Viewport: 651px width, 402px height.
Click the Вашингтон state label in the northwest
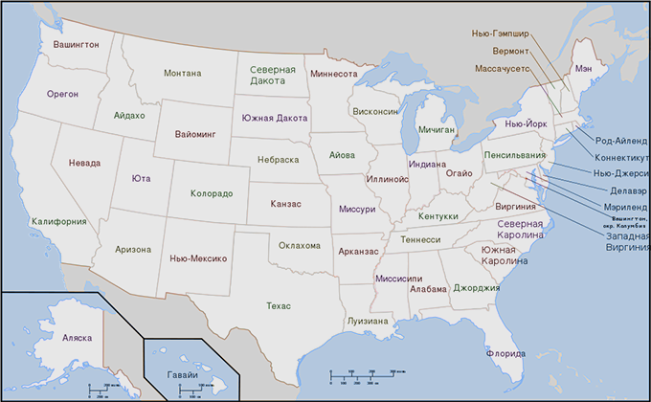77,45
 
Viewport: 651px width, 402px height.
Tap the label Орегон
62,94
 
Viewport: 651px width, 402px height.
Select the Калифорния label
59,221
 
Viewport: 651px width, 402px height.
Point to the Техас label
279,305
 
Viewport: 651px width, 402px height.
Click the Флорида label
505,353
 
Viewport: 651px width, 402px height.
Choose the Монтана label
182,73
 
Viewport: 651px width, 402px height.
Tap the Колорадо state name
212,193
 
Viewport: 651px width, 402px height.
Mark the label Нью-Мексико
197,258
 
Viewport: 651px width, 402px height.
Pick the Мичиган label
436,128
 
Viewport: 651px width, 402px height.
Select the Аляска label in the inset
77,339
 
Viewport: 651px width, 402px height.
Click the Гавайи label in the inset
182,374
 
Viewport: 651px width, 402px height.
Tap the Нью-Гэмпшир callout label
500,33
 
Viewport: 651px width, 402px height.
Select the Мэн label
583,69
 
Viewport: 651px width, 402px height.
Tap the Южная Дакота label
275,118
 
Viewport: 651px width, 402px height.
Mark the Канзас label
286,204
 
